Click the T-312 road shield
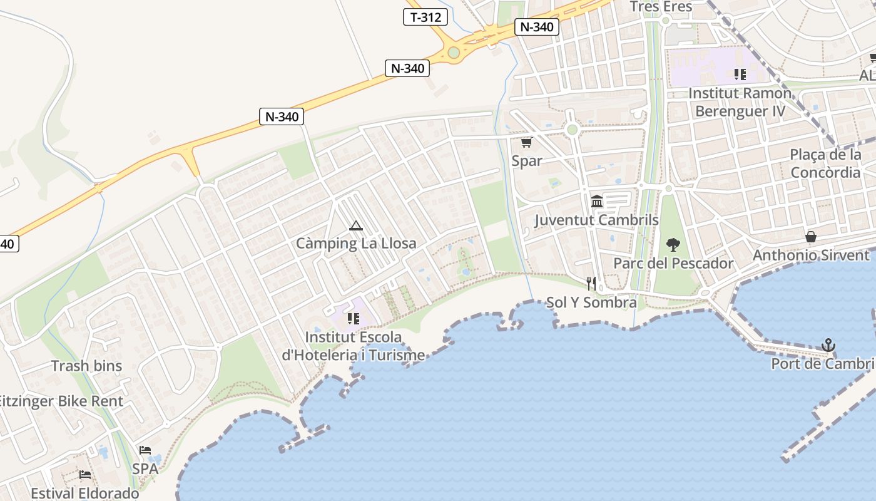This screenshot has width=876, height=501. click(425, 17)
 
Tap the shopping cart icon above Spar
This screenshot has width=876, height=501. click(526, 143)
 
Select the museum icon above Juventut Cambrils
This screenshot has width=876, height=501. click(597, 202)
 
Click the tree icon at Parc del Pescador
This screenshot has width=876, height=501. click(673, 244)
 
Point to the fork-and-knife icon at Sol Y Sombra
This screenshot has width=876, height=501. click(591, 284)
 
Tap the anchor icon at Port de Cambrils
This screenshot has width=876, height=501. click(828, 345)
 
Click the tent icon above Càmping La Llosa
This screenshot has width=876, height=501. click(355, 225)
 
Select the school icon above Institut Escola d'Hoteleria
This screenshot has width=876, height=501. click(354, 319)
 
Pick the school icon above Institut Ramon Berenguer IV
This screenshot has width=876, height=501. click(740, 75)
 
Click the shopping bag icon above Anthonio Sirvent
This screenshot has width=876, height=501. click(811, 237)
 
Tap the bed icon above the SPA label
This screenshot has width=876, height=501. click(145, 450)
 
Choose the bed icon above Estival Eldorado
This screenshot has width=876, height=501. click(85, 475)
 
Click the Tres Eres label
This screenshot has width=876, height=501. click(661, 7)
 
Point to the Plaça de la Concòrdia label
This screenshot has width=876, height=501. click(825, 163)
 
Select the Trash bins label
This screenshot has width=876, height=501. click(86, 366)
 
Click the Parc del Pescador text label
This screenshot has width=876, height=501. click(673, 263)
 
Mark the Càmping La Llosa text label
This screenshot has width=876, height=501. click(355, 243)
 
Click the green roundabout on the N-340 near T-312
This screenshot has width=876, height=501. click(454, 53)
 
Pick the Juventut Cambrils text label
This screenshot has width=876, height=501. click(596, 220)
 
